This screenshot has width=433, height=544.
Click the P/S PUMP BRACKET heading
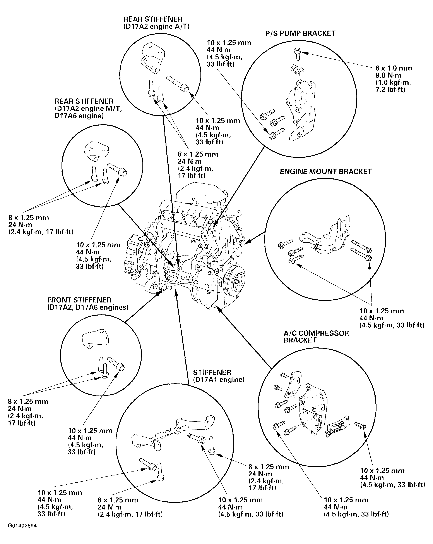300,34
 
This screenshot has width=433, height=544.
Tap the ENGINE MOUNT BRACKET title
326,172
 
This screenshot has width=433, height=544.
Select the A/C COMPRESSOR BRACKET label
316,337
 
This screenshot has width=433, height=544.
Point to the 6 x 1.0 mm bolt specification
394,68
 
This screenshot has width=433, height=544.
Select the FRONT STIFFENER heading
79,300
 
